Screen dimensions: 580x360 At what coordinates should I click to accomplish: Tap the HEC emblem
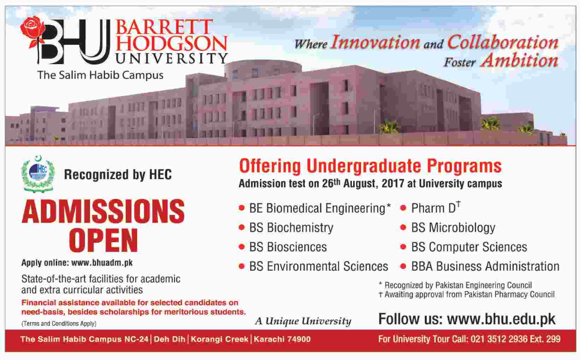coord(38,174)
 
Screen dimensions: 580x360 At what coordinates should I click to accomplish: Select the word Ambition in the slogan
coord(519,60)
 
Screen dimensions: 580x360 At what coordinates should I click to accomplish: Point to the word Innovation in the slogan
coord(376,42)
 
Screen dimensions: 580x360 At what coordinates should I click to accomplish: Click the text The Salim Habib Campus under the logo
coord(100,75)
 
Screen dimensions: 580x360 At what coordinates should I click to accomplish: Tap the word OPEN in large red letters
coord(103,240)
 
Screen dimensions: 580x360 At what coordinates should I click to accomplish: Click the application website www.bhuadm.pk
coord(102,263)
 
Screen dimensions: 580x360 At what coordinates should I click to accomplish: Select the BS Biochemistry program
coord(291,228)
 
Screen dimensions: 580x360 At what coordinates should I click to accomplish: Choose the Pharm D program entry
coord(436,208)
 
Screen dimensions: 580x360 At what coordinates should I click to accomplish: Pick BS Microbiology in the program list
coord(453,228)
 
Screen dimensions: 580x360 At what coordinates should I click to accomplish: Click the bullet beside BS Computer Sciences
coord(403,247)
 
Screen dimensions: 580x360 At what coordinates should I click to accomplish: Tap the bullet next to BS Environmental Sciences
coord(242,266)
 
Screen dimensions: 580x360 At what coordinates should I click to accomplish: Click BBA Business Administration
coord(485,266)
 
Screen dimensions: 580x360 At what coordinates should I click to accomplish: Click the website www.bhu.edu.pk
coord(501,319)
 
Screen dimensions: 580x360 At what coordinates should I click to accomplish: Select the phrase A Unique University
coord(303,321)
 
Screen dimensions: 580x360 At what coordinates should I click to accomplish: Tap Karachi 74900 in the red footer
coord(282,339)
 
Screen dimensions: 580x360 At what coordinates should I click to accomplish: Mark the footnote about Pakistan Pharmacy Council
coord(467,294)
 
